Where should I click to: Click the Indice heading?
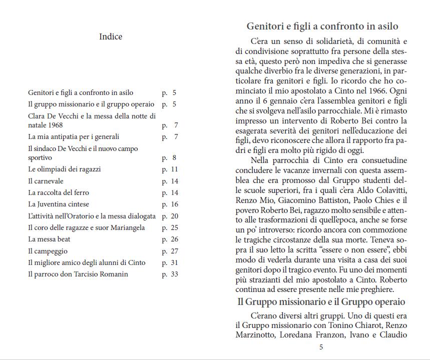click(111, 36)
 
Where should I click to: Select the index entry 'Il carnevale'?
click(46, 181)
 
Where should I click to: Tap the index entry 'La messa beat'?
click(49, 239)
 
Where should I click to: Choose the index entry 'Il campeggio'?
click(48, 251)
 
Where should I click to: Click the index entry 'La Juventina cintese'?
click(59, 204)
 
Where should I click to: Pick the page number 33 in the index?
click(174, 274)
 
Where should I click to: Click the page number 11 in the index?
click(174, 169)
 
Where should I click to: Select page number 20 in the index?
click(174, 216)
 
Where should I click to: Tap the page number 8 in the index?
click(174, 158)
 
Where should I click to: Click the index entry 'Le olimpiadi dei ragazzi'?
click(65, 169)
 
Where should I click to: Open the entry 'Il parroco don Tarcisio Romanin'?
click(78, 274)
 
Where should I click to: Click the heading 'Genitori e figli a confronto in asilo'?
click(322, 26)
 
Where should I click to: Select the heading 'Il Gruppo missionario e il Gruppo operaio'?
click(321, 302)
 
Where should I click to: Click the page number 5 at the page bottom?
click(321, 347)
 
